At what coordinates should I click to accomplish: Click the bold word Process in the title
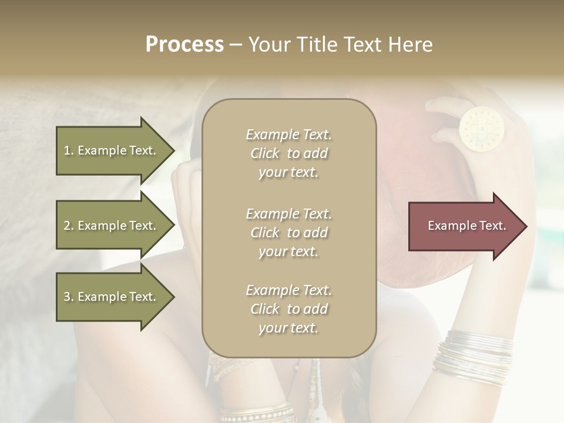[x=184, y=45]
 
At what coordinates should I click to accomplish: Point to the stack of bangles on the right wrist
[x=472, y=357]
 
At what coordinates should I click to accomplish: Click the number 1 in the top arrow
[x=67, y=150]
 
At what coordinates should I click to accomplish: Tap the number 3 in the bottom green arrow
[x=67, y=297]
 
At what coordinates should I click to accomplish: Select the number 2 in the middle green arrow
[x=67, y=226]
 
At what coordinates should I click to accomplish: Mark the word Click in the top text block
[x=265, y=153]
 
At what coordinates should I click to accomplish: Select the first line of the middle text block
[x=288, y=214]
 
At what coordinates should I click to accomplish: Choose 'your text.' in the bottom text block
[x=288, y=328]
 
